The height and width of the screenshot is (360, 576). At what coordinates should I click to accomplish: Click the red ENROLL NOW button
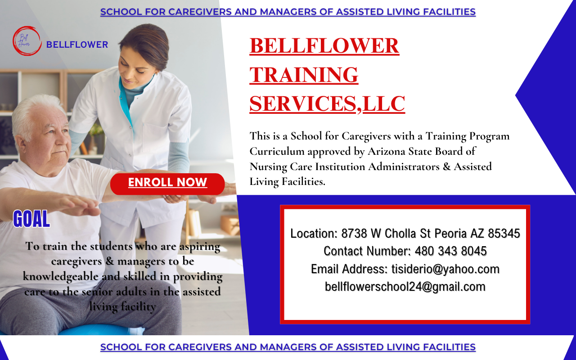[x=167, y=184]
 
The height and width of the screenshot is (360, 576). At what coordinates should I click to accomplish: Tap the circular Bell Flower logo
[x=27, y=40]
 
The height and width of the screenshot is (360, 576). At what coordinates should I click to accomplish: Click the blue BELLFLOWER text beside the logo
[x=77, y=45]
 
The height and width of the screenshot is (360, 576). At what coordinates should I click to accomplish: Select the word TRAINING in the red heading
[x=304, y=75]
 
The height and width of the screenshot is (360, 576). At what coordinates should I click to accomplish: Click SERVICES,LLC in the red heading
[x=327, y=103]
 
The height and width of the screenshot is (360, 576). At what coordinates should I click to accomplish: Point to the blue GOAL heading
[x=31, y=219]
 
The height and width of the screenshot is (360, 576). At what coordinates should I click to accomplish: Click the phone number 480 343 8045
[x=450, y=251]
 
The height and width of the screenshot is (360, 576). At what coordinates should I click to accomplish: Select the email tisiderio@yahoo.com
[x=445, y=269]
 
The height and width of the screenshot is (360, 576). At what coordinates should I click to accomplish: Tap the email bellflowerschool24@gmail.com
[x=405, y=287]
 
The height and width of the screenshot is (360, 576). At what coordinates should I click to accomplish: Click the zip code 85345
[x=504, y=233]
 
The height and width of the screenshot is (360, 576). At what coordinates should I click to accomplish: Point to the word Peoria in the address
[x=450, y=234]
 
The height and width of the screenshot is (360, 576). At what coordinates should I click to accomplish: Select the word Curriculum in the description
[x=277, y=151]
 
